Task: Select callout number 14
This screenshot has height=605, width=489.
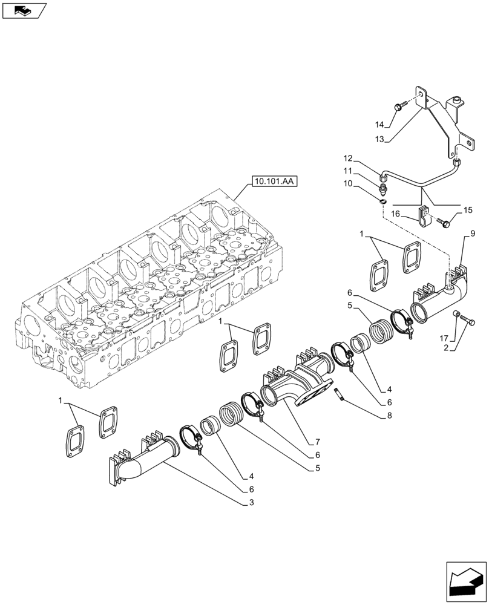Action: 379,125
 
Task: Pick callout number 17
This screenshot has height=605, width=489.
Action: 444,337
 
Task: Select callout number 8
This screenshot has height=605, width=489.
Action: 389,416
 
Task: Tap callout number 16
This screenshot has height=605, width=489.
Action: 395,214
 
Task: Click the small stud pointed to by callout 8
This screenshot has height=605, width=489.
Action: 340,394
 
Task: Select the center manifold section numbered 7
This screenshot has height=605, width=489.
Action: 297,384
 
